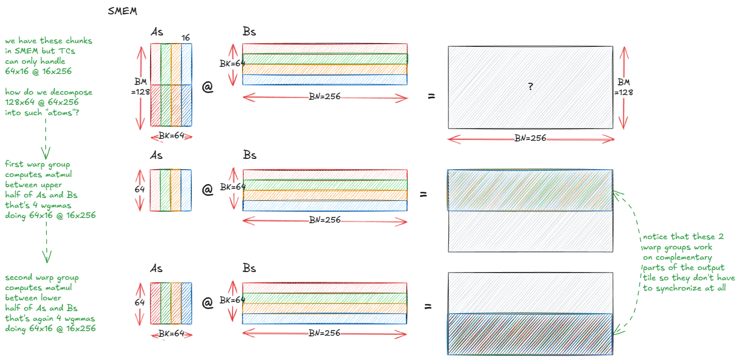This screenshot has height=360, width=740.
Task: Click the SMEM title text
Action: pyautogui.click(x=122, y=11)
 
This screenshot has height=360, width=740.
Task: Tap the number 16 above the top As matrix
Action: pyautogui.click(x=186, y=38)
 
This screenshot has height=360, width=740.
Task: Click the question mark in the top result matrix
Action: pyautogui.click(x=530, y=87)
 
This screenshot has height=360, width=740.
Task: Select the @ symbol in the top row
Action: pyautogui.click(x=207, y=87)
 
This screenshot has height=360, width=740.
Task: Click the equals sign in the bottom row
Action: pyautogui.click(x=427, y=307)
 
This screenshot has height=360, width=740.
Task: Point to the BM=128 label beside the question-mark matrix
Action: pyautogui.click(x=623, y=87)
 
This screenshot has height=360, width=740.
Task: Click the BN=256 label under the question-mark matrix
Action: pyautogui.click(x=530, y=138)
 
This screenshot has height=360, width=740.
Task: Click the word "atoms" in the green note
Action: pyautogui.click(x=61, y=113)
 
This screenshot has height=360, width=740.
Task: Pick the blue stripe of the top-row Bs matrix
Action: pyautogui.click(x=324, y=80)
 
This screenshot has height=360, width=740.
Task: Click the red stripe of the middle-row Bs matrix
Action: pyautogui.click(x=324, y=174)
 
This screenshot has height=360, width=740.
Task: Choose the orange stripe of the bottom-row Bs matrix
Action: pyautogui.click(x=324, y=308)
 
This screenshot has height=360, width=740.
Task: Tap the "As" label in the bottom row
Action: pyautogui.click(x=157, y=268)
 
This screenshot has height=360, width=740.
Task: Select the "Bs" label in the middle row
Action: pyautogui.click(x=249, y=155)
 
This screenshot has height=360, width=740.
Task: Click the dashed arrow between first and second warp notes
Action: pyautogui.click(x=46, y=242)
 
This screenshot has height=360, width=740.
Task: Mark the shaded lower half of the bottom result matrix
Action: pyautogui.click(x=530, y=334)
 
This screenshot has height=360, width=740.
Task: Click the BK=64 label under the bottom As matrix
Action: pyautogui.click(x=171, y=333)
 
